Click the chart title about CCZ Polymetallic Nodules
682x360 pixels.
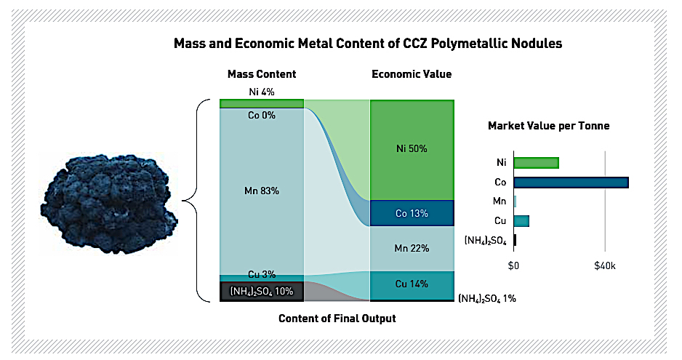point(367,44)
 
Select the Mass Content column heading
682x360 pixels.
point(261,74)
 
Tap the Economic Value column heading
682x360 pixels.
point(411,74)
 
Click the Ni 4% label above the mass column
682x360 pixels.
point(261,92)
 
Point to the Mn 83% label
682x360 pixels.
point(261,191)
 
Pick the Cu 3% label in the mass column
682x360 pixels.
point(261,274)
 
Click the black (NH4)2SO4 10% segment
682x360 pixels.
point(261,291)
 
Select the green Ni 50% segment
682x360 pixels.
point(412,149)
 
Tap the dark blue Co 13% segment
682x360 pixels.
point(412,213)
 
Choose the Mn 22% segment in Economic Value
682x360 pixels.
point(412,248)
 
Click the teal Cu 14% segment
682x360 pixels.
point(412,284)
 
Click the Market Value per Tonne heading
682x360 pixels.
point(548,126)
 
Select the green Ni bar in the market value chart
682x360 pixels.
point(537,162)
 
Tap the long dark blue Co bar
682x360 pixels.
point(571,182)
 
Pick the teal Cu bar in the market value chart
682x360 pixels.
point(521,220)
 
